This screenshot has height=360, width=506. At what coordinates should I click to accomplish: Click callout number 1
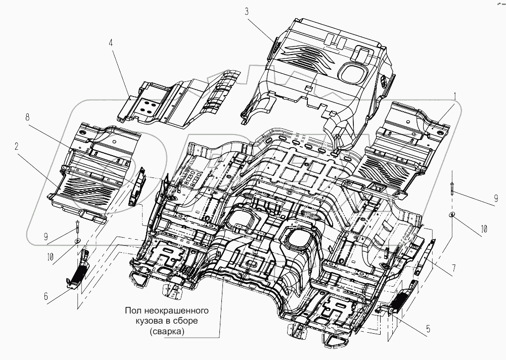click(454, 95)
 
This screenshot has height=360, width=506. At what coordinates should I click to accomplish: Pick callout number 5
click(428, 329)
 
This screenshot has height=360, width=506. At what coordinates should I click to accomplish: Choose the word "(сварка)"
click(168, 332)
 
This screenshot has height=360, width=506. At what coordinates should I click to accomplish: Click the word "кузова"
click(146, 320)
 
